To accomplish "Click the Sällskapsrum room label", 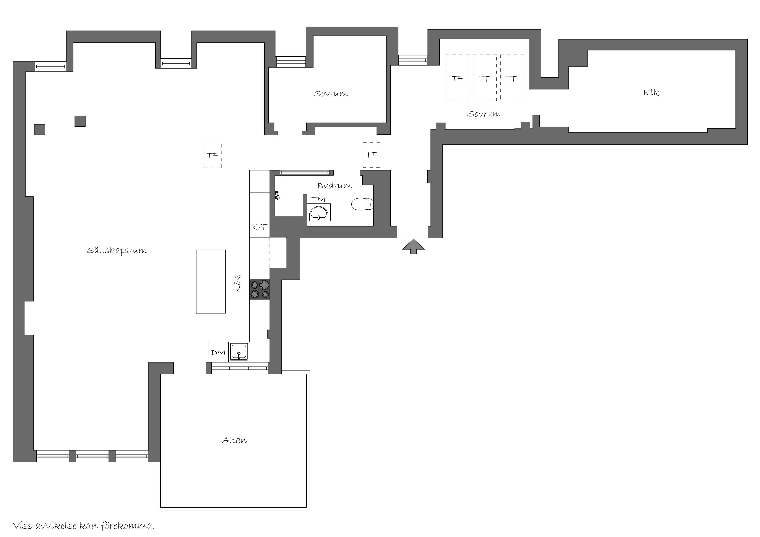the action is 117,251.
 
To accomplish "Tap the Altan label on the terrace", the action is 234,440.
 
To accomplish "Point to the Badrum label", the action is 334,186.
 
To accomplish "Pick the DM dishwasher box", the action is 218,352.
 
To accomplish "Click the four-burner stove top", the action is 260,290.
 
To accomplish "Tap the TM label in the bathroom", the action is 318,199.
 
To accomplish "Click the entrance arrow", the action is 413,246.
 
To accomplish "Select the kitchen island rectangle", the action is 211,281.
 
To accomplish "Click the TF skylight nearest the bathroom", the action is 371,155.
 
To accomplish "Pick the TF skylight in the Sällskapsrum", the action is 212,155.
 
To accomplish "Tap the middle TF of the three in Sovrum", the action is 485,78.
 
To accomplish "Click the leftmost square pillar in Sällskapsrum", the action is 40,129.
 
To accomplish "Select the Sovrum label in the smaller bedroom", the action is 331,94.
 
